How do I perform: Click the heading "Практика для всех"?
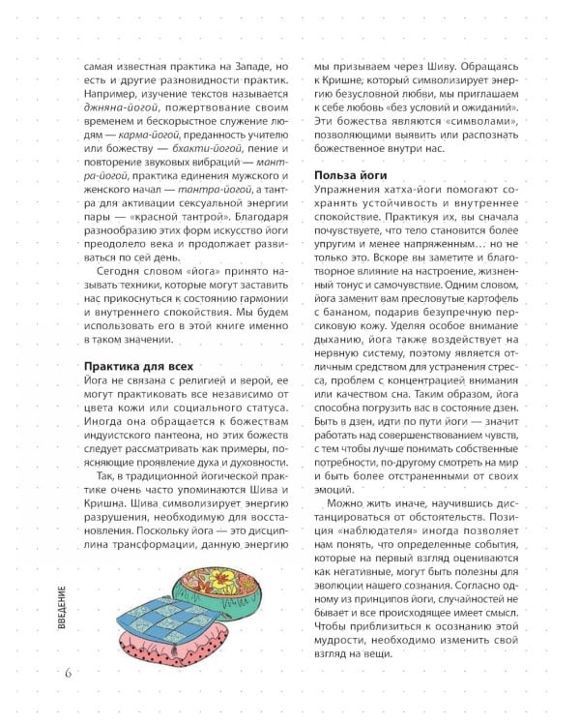[139, 367]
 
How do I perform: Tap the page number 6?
[69, 673]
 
